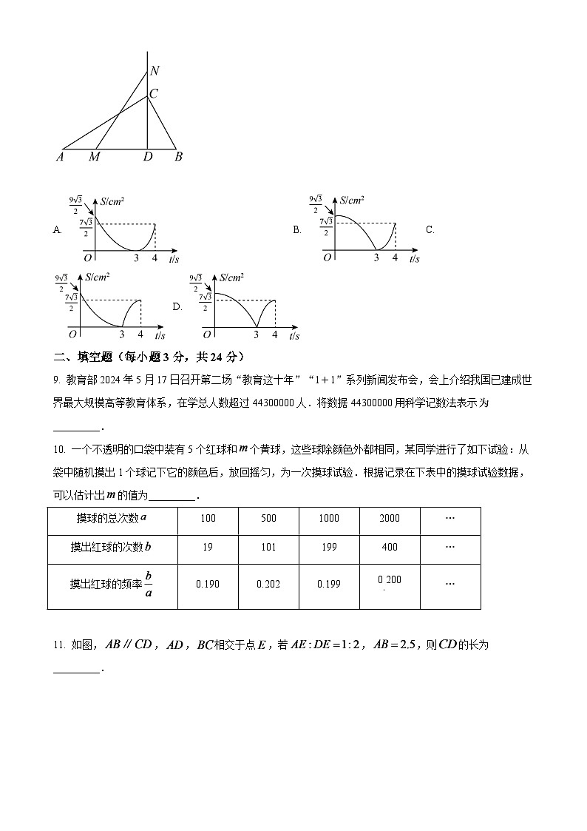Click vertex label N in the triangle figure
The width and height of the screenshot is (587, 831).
[155, 71]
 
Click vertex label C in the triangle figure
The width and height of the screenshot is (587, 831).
[154, 94]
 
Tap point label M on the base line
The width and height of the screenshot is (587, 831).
[94, 157]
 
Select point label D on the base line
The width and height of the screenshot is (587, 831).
[148, 157]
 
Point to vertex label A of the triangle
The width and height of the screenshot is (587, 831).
[60, 157]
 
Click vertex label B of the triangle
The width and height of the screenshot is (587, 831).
[178, 157]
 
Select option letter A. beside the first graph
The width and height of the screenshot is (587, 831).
[58, 230]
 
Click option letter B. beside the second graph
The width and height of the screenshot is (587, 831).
[297, 230]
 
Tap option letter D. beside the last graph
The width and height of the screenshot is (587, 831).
[177, 306]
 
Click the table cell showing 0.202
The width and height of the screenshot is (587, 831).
[268, 584]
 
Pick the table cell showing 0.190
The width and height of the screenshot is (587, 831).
[208, 584]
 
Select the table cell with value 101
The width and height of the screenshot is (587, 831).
[268, 547]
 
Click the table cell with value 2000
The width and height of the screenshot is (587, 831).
[390, 518]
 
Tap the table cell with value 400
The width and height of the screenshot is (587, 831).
[390, 547]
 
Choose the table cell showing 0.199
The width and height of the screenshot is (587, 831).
[329, 584]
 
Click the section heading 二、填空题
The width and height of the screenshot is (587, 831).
[87, 357]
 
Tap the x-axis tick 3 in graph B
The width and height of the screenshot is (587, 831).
[376, 258]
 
